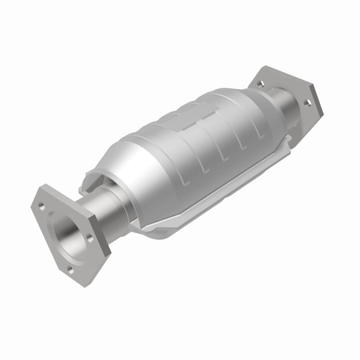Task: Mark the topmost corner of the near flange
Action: tap(45, 186)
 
